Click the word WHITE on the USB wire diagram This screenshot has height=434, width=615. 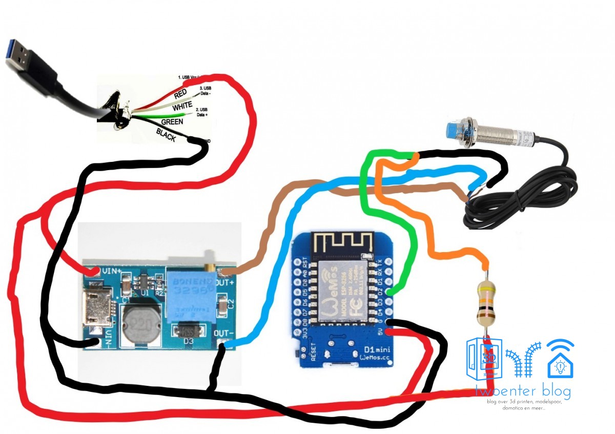tap(182, 107)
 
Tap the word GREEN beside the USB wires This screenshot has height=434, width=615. tap(172, 122)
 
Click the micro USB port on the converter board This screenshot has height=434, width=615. tap(96, 311)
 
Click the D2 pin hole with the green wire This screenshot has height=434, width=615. tap(389, 292)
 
